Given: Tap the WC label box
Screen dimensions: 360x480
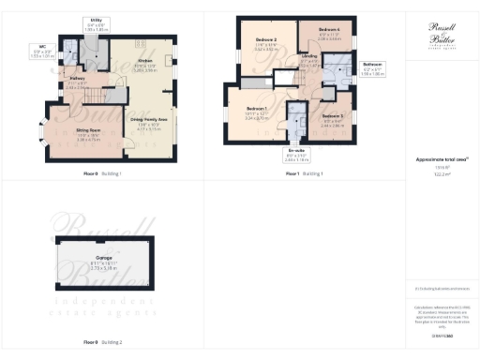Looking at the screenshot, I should [37, 52].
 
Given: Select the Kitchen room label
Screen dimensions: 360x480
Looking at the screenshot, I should [144, 65].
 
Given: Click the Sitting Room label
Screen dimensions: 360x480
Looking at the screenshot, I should [89, 137].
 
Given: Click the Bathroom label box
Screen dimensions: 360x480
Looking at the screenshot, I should [374, 69].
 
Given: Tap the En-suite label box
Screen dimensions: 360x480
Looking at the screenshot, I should [295, 157].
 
